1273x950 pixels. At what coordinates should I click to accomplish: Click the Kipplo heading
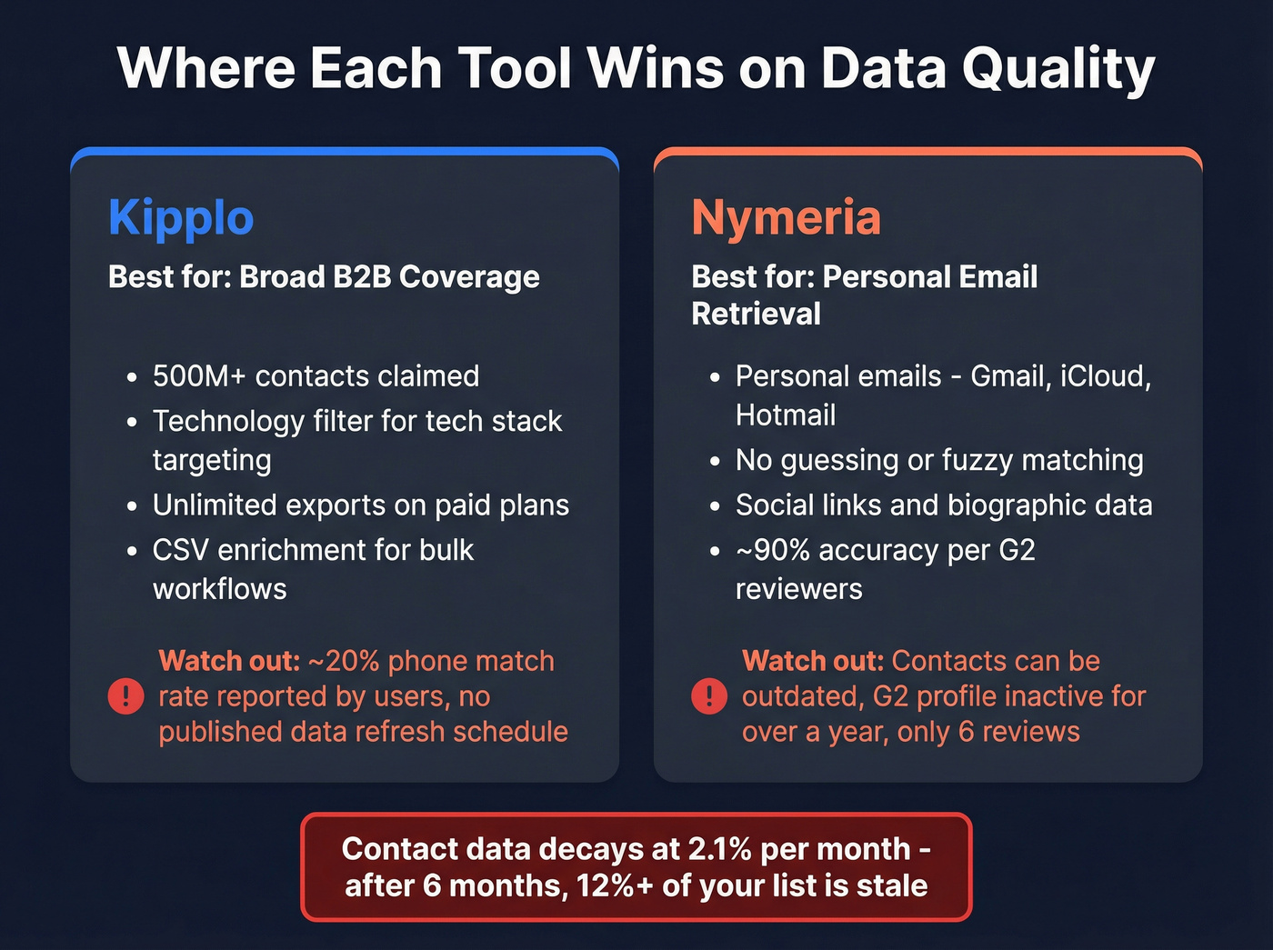(181, 218)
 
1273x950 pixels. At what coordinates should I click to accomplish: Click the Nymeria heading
(786, 218)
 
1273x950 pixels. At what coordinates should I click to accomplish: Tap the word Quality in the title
(1058, 69)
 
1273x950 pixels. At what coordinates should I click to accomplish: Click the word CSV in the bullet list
(180, 550)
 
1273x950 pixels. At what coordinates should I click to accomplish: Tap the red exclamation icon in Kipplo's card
(125, 696)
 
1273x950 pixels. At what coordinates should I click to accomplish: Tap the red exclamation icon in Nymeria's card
(709, 696)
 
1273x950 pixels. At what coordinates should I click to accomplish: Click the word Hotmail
(786, 415)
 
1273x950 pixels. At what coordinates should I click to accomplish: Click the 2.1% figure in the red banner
(719, 849)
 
